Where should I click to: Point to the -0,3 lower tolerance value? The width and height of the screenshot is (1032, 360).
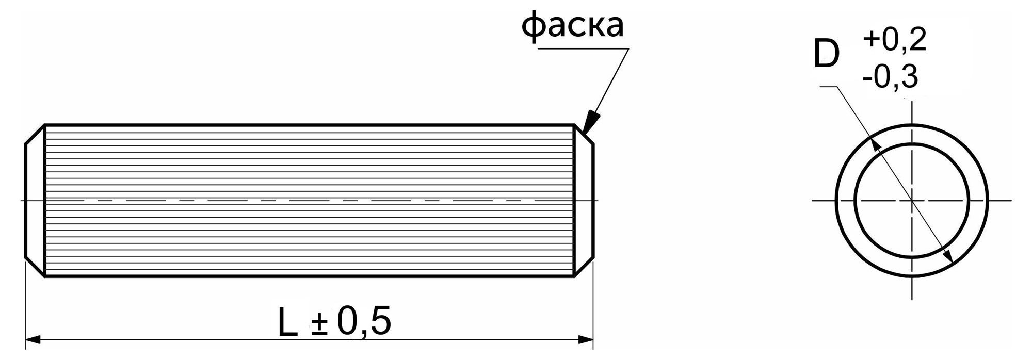[x=890, y=77]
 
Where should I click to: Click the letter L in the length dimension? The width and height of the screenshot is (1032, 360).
[x=288, y=322]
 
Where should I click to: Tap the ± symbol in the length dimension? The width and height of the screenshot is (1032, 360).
[x=320, y=325]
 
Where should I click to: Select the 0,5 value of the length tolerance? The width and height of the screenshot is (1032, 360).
[x=364, y=322]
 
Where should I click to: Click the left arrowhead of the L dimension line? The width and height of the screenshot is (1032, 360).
[x=33, y=340]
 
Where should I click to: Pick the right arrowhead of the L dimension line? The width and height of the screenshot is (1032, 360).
[x=585, y=340]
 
